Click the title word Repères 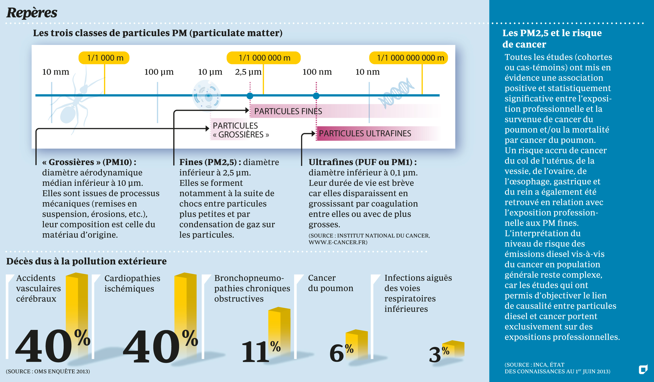tap(32, 12)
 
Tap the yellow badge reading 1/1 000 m tap(104, 58)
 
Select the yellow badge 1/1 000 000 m tap(263, 58)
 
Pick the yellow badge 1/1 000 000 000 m tap(409, 58)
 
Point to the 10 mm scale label tap(55, 72)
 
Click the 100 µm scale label tap(159, 72)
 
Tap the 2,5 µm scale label tap(248, 72)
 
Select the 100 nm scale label tap(317, 72)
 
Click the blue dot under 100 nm tap(316, 96)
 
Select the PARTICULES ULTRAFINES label tap(365, 133)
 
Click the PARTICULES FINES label tap(288, 111)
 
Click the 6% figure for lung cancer tap(341, 352)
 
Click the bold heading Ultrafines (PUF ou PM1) tap(362, 162)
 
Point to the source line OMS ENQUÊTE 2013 tap(48, 371)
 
